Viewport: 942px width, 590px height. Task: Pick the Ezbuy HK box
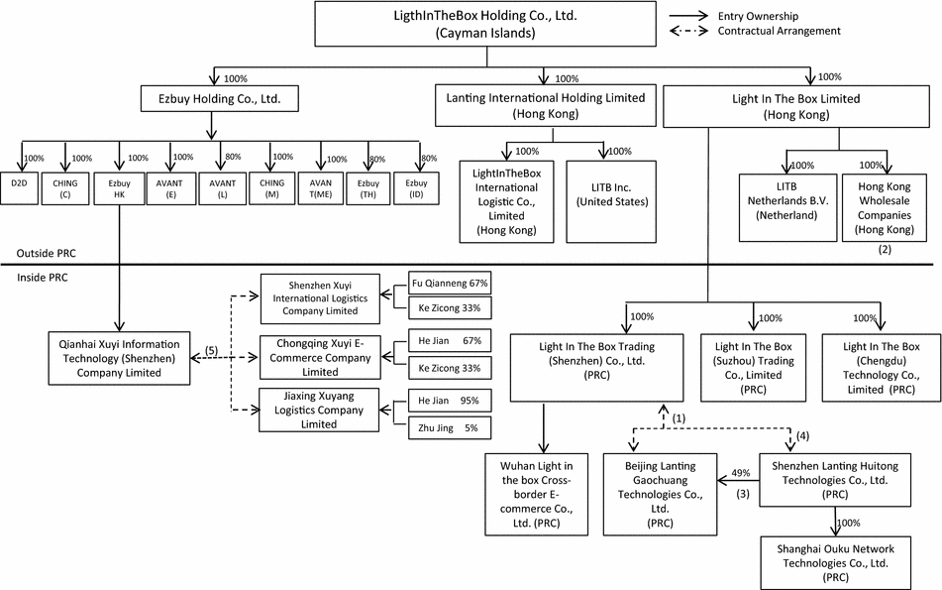click(119, 188)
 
